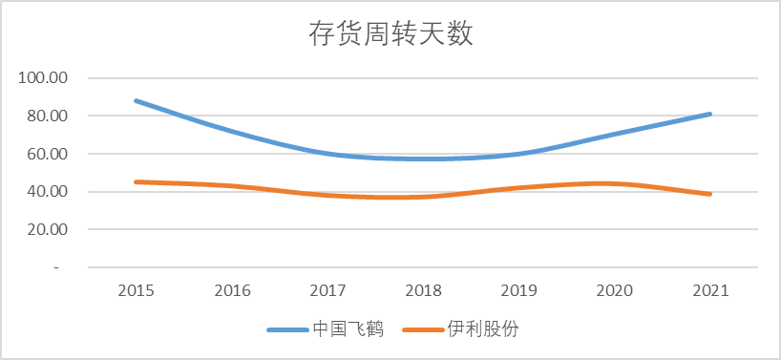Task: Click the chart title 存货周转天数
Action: [390, 34]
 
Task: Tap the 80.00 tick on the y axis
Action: [43, 116]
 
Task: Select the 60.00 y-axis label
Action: [43, 154]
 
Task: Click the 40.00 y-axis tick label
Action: [43, 192]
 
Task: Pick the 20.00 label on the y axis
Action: [43, 230]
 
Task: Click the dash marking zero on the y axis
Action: [56, 268]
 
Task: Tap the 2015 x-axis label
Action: [137, 290]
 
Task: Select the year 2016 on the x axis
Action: [232, 290]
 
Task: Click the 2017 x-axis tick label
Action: [327, 290]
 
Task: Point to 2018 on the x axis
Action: [423, 290]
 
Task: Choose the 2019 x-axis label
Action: [519, 290]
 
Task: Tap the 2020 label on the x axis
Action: [615, 290]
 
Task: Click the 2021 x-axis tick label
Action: [710, 290]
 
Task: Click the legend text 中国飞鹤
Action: [348, 329]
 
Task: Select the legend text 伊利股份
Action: [482, 329]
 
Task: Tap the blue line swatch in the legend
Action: [287, 329]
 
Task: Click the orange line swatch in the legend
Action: [422, 329]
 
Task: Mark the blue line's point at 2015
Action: [137, 100]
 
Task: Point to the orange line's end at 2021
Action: [710, 194]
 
